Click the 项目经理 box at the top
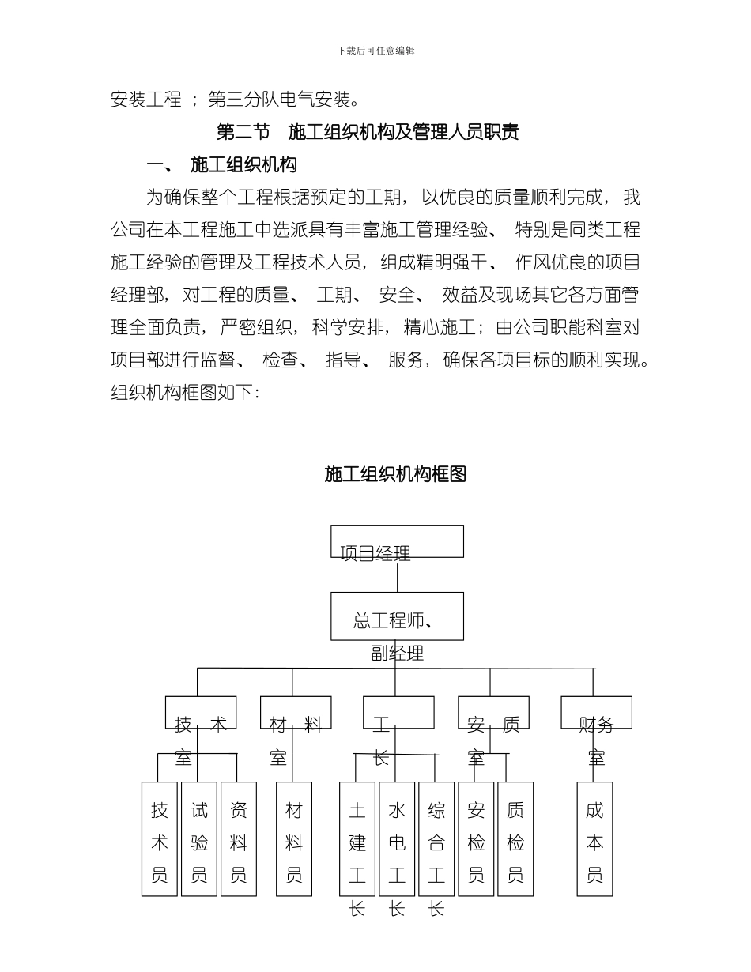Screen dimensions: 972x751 point(397,542)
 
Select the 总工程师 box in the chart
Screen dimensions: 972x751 point(397,616)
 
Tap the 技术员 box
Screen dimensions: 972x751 point(160,839)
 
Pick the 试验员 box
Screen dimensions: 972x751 point(199,839)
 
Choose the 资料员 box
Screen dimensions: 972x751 point(239,839)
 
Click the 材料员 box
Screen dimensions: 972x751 point(294,839)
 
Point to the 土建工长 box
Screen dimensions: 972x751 point(357,839)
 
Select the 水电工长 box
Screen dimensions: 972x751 point(397,839)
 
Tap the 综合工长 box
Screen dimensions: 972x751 point(436,839)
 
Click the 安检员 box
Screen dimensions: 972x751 point(476,839)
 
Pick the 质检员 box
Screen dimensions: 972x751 point(515,839)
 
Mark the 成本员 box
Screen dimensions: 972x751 point(594,839)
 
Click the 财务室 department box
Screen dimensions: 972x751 point(596,712)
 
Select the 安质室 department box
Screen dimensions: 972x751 point(493,712)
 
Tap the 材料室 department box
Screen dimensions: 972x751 point(296,712)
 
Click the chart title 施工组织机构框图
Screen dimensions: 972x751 point(395,474)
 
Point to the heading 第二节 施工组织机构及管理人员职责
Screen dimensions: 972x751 point(368,132)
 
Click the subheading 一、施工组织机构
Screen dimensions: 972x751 point(222,165)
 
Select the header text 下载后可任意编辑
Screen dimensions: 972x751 point(375,51)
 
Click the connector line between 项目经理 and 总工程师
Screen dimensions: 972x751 point(397,575)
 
